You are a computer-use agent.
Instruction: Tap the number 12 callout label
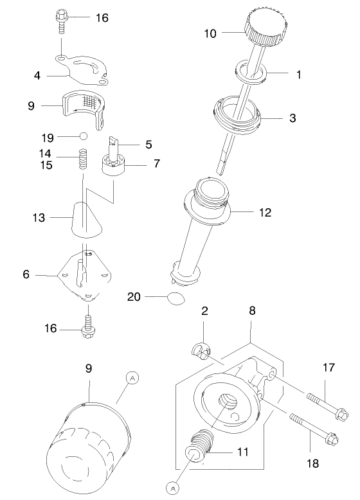click(x=265, y=211)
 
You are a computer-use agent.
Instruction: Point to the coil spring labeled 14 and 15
click(x=82, y=159)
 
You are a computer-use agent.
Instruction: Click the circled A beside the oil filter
click(x=132, y=379)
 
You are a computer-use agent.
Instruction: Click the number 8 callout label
click(x=252, y=310)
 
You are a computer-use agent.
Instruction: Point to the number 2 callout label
click(x=204, y=311)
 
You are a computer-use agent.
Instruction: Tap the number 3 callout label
click(x=292, y=118)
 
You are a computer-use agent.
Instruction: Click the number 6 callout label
click(x=26, y=274)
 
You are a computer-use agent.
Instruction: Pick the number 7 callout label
click(x=156, y=164)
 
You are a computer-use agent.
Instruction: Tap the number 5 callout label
click(x=148, y=145)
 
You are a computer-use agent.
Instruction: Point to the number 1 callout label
click(x=298, y=75)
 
